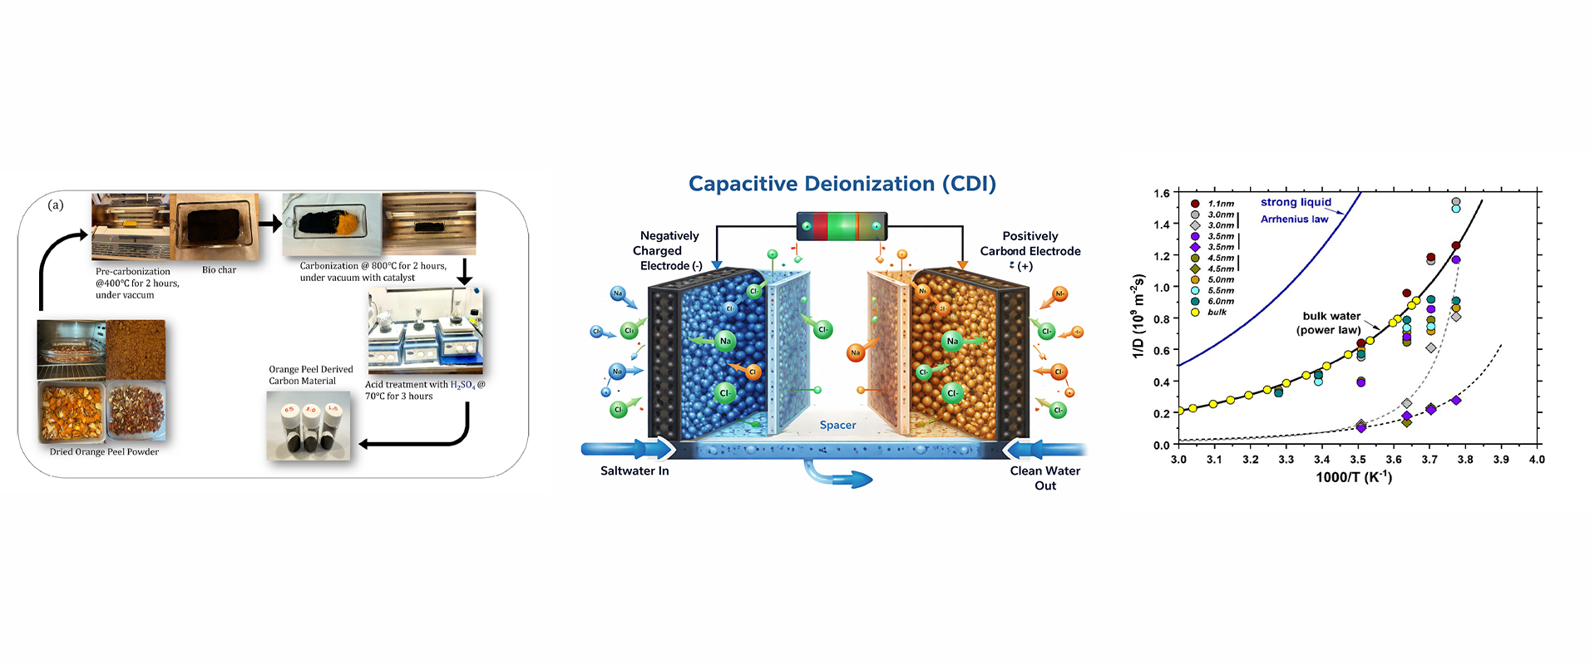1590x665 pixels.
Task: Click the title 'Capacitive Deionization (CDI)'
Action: (x=842, y=184)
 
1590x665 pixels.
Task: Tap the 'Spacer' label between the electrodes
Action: (x=837, y=425)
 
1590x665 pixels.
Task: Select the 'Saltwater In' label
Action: (x=635, y=470)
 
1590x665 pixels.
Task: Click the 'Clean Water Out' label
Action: (x=1044, y=477)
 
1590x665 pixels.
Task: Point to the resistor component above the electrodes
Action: (x=842, y=226)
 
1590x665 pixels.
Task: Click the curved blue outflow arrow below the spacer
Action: (x=836, y=477)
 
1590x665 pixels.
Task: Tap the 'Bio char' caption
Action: (x=219, y=270)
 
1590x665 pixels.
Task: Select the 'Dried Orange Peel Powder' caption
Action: (x=104, y=452)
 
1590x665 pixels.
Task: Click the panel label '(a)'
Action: (x=56, y=204)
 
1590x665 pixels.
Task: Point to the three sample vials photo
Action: (x=309, y=426)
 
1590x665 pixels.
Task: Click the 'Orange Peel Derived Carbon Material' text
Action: (x=310, y=375)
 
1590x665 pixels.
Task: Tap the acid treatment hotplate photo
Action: (x=425, y=330)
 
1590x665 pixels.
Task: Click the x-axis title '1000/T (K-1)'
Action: (x=1353, y=476)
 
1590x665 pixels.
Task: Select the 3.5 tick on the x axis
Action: (x=1357, y=459)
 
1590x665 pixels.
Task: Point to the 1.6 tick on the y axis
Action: (x=1161, y=193)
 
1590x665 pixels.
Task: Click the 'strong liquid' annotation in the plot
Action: (x=1296, y=202)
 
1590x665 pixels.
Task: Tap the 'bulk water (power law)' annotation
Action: (x=1331, y=323)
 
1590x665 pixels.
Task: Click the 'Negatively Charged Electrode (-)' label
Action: (x=669, y=250)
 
